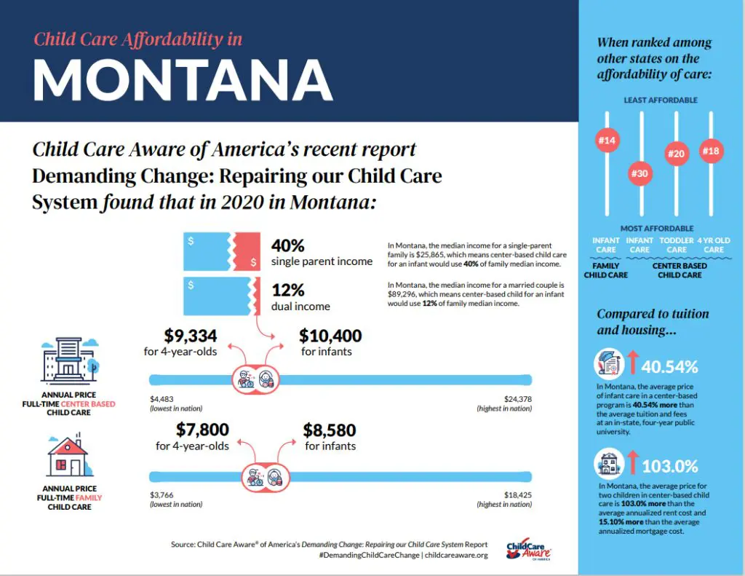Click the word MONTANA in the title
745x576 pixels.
[x=183, y=78]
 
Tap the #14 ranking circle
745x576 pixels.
[x=606, y=141]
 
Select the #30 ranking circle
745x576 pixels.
[x=640, y=173]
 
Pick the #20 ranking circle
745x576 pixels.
[x=676, y=154]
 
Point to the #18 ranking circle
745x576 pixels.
[x=710, y=151]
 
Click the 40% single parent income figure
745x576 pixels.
[x=287, y=245]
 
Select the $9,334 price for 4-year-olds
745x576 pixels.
[x=190, y=336]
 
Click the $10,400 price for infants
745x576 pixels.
[x=330, y=336]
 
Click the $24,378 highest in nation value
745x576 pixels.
[x=517, y=399]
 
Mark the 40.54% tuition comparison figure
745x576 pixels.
[x=670, y=366]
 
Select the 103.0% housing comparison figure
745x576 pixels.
[x=669, y=465]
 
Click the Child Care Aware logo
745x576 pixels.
[x=529, y=551]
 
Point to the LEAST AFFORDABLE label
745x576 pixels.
[x=661, y=100]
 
